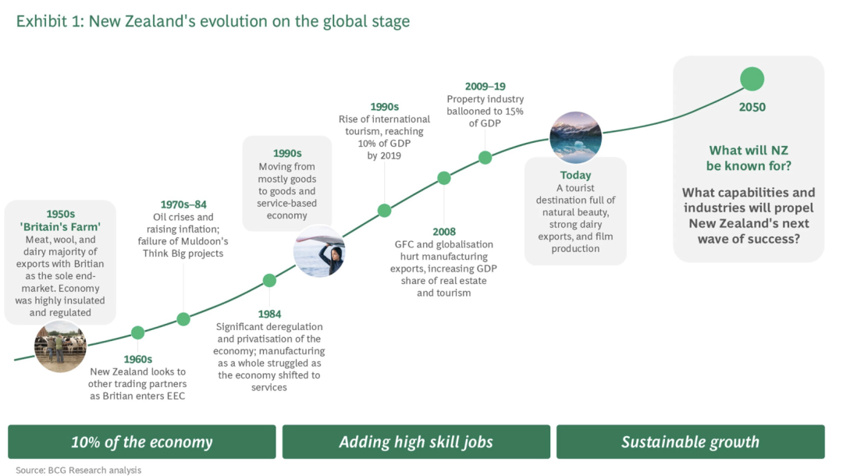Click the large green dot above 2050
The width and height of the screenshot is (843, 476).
[752, 79]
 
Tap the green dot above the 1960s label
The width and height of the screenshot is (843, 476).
[137, 332]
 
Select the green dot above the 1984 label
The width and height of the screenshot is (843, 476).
[269, 280]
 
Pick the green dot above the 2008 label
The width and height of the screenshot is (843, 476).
[443, 178]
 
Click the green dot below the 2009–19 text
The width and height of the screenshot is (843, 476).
[485, 158]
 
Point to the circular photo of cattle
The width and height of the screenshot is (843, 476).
[60, 346]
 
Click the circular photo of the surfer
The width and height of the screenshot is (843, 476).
[319, 251]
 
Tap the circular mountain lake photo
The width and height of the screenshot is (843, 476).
[575, 137]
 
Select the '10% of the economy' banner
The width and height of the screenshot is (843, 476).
[142, 442]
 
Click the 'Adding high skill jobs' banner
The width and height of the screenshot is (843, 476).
[416, 442]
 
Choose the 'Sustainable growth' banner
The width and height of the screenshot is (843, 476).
[690, 442]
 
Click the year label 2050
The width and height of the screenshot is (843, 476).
[752, 107]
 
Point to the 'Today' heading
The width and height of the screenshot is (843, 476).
[575, 175]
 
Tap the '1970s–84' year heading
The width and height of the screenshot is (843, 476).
[183, 204]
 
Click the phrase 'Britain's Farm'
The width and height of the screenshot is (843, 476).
[60, 227]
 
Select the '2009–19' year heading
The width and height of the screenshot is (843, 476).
[485, 86]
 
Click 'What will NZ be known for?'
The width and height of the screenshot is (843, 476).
[749, 158]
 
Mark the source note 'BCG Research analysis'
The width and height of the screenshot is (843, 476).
[94, 470]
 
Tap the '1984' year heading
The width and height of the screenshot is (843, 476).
[269, 314]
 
